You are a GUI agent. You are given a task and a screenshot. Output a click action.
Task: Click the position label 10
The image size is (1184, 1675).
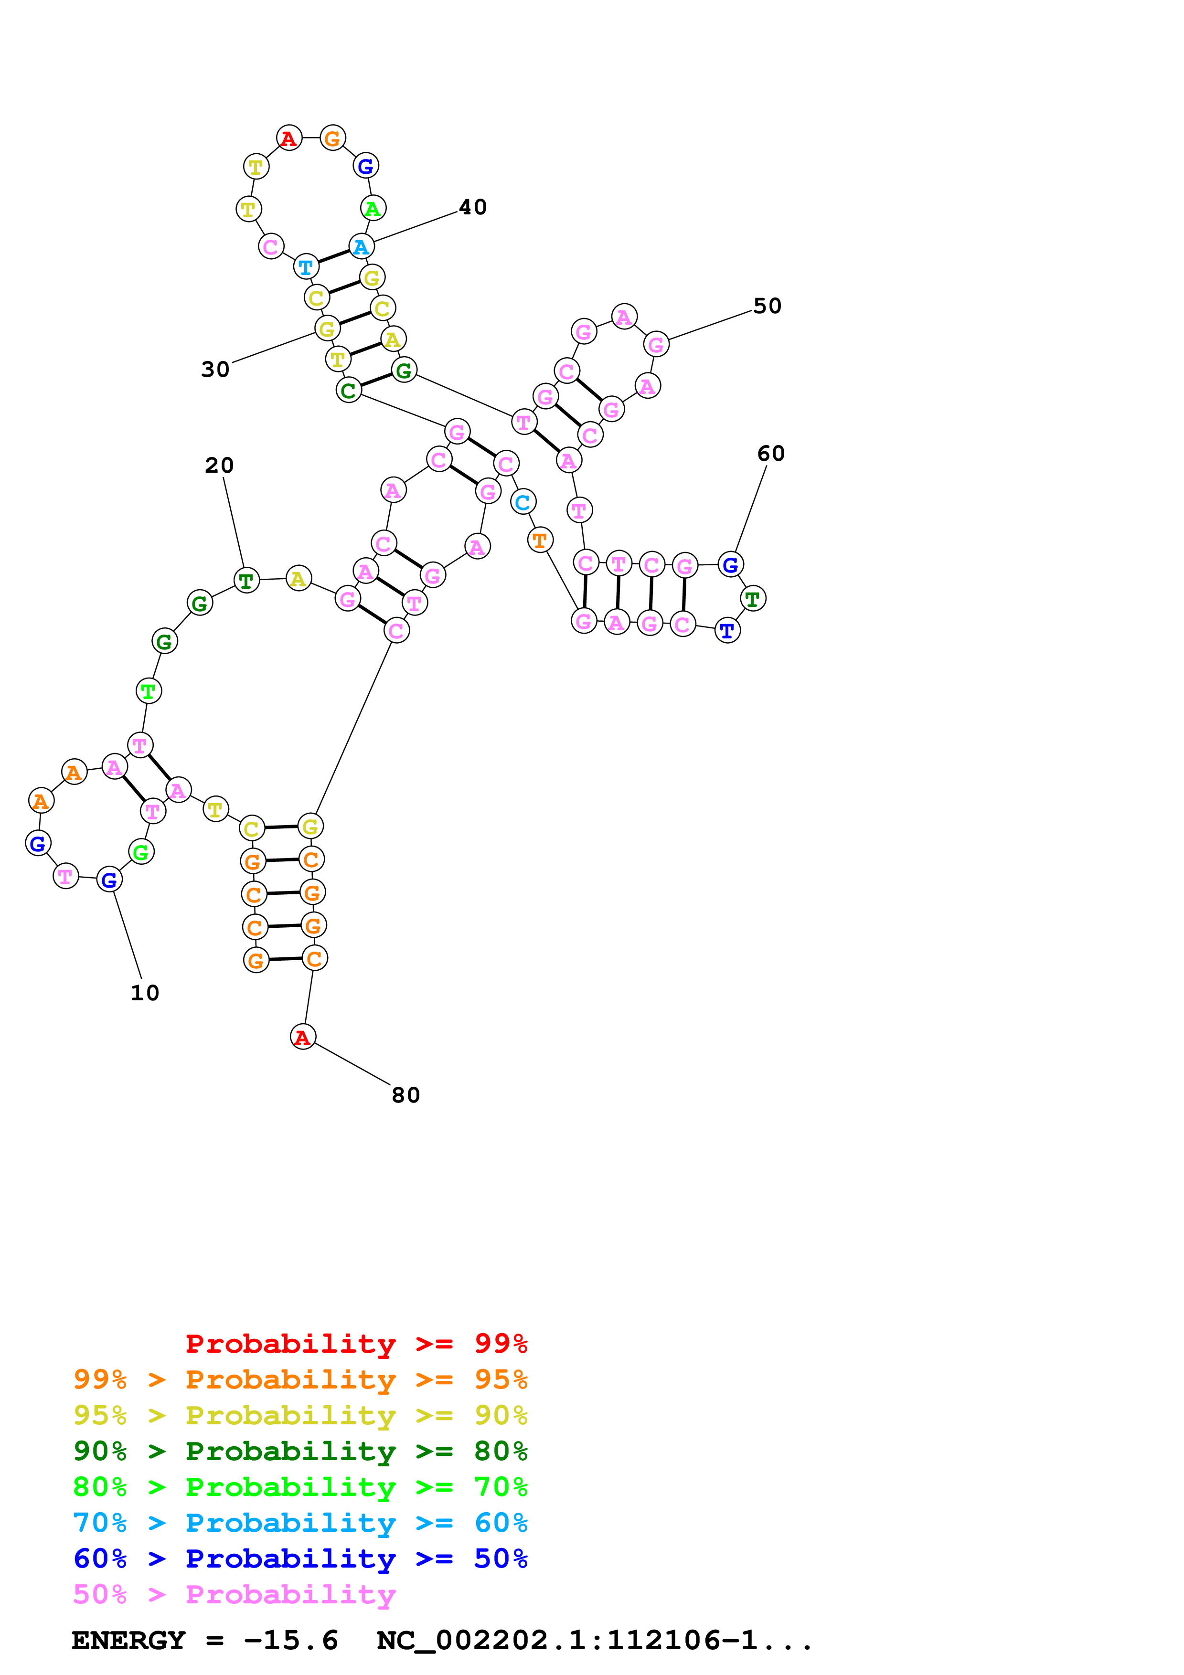click(x=144, y=993)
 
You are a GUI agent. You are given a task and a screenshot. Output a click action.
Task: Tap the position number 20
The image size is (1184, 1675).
click(x=219, y=466)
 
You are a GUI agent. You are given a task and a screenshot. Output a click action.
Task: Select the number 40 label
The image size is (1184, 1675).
click(x=473, y=207)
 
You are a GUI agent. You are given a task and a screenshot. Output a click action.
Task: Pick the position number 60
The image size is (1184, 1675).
click(x=770, y=454)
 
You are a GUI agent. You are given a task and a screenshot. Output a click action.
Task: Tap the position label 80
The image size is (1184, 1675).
click(x=405, y=1095)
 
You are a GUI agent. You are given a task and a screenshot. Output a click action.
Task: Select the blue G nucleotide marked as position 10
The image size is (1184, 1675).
click(x=109, y=880)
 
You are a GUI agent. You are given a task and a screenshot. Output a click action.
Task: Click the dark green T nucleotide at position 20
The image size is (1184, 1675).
click(x=246, y=581)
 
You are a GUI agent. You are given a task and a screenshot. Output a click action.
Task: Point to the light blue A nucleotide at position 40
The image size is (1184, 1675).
click(x=361, y=246)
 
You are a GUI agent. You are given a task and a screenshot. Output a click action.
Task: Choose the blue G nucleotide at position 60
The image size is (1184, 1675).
click(x=730, y=565)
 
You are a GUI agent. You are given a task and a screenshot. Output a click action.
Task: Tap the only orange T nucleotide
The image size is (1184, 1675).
click(x=540, y=541)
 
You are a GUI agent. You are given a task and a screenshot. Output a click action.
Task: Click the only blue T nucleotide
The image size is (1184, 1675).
click(x=727, y=630)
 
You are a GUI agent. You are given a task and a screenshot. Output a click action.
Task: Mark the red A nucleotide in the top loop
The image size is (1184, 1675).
click(x=289, y=138)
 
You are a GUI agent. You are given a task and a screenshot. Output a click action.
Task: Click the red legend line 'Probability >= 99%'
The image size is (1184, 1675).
click(x=356, y=1344)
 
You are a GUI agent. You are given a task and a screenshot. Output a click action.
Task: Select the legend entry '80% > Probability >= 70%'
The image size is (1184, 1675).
click(x=300, y=1487)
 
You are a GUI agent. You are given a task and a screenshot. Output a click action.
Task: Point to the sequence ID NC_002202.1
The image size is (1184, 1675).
click(x=481, y=1641)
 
